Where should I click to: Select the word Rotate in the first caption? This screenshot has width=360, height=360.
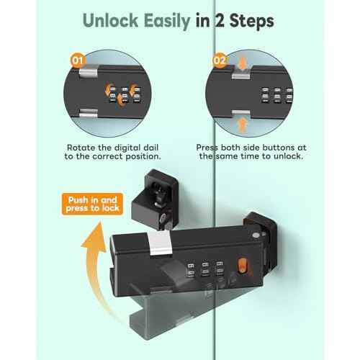tap(75, 145)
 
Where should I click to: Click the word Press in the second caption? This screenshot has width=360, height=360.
tap(210, 145)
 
